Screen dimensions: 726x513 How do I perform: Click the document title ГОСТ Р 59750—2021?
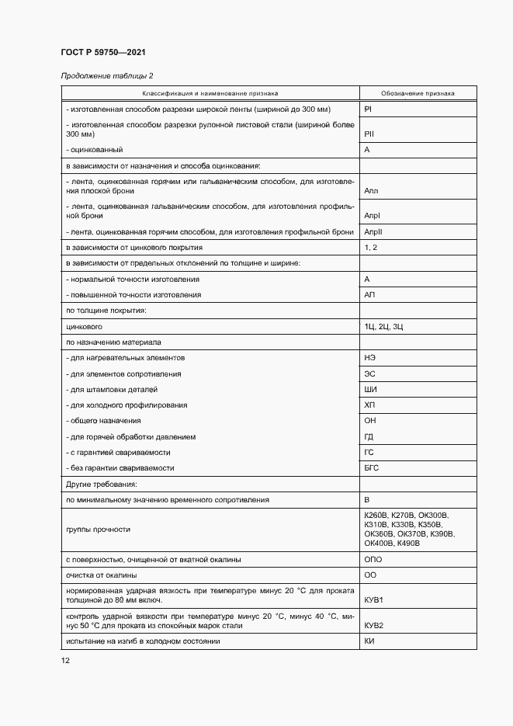[x=103, y=52]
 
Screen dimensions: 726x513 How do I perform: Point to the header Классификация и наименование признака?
[x=210, y=93]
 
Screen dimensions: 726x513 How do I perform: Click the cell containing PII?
[x=370, y=134]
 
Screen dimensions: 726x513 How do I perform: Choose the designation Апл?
[x=371, y=189]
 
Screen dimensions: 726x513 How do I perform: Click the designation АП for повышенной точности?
[x=369, y=295]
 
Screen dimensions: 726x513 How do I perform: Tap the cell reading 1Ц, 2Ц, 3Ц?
[x=383, y=327]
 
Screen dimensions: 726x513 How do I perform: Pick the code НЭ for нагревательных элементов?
[x=370, y=358]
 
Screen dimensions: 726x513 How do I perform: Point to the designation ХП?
[x=369, y=405]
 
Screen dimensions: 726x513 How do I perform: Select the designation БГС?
[x=372, y=468]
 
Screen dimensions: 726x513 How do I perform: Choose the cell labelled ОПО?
[x=373, y=559]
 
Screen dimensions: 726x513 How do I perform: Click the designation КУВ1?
[x=374, y=600]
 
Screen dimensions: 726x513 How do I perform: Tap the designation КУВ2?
[x=374, y=625]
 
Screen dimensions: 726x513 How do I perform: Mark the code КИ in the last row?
[x=369, y=641]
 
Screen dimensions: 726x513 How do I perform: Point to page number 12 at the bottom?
[x=65, y=661]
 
